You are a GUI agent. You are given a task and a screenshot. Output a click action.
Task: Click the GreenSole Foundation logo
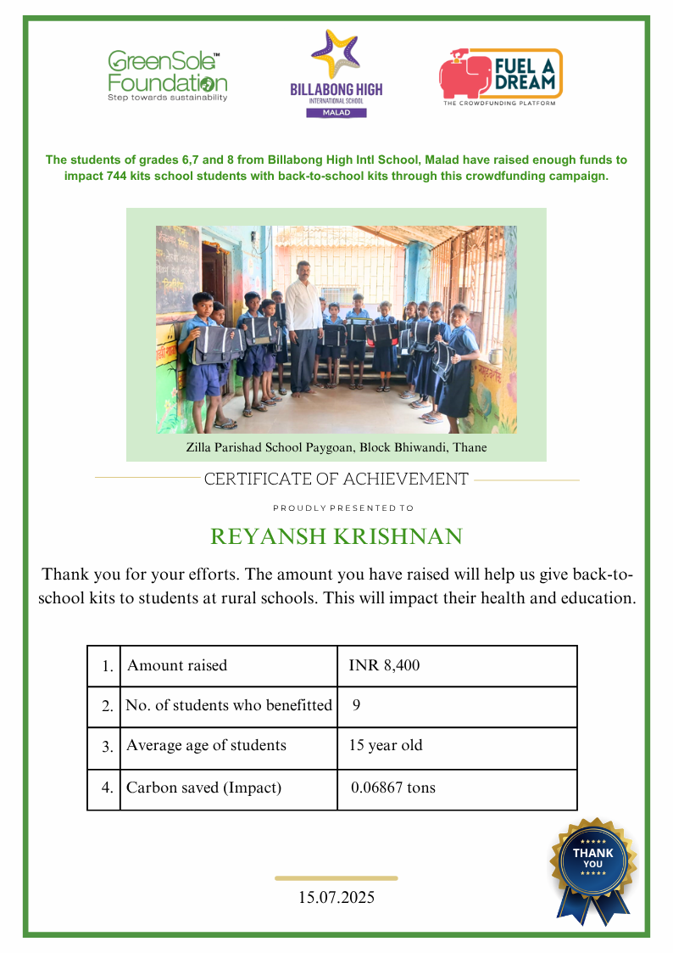[167, 76]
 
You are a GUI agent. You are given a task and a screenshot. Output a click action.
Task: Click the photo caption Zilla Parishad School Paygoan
[336, 446]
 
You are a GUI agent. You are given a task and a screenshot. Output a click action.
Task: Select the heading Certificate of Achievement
[336, 479]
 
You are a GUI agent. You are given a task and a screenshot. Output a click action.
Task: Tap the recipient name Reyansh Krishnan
[336, 536]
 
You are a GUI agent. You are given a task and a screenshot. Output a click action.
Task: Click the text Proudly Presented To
[343, 508]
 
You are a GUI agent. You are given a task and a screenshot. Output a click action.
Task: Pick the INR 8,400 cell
[384, 666]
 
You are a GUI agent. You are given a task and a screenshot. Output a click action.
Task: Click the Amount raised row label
[177, 666]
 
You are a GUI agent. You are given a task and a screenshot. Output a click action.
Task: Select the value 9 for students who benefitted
[356, 705]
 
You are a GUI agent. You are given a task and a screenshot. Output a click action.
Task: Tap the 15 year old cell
[386, 746]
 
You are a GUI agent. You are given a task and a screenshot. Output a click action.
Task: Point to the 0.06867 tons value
[393, 788]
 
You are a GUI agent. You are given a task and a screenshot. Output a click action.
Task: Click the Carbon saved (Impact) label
[203, 788]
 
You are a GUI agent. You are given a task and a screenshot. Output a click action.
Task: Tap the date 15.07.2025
[336, 897]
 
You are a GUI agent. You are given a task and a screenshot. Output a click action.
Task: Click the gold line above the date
[336, 878]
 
